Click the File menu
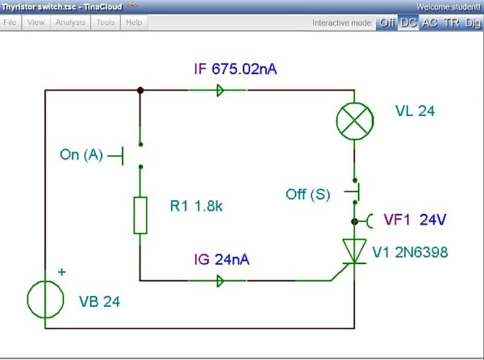(x=10, y=22)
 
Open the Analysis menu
(x=70, y=22)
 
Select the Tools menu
(x=105, y=22)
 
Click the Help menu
(x=134, y=22)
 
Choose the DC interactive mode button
(x=408, y=23)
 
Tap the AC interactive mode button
(x=430, y=23)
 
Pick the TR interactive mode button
(x=451, y=23)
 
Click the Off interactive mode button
(x=387, y=23)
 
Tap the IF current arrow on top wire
(x=220, y=90)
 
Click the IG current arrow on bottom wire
(x=220, y=281)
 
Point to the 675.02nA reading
(x=244, y=69)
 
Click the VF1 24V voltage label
(x=415, y=220)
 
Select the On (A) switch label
(x=81, y=154)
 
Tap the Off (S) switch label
(x=308, y=194)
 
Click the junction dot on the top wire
(x=140, y=90)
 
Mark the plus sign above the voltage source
(x=62, y=272)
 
